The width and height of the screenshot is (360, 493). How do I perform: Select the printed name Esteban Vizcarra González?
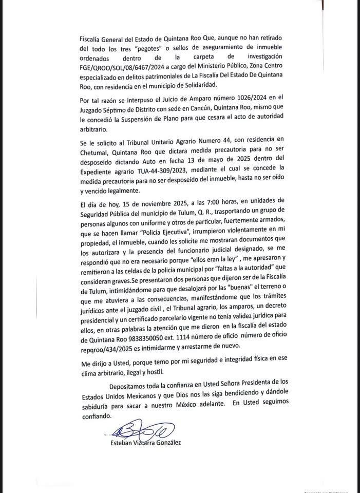click(145, 443)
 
